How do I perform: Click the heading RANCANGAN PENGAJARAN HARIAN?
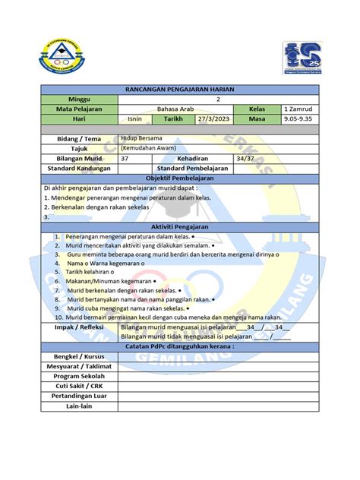tap(180, 90)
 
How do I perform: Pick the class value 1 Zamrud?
tap(297, 109)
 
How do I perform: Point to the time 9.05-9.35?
tap(298, 119)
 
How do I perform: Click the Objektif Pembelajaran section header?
tap(180, 178)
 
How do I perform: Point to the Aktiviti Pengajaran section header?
tap(180, 227)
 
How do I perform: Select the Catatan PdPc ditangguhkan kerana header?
tap(180, 346)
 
